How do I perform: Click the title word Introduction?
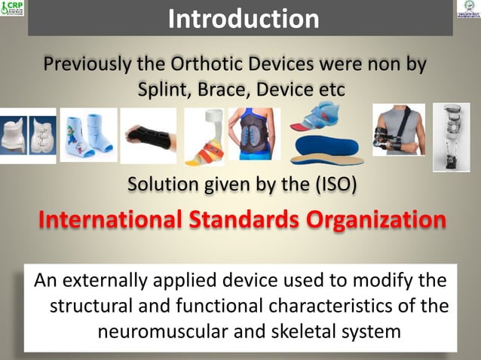point(244,18)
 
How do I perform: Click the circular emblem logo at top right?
point(467,11)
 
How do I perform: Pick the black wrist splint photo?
point(149,136)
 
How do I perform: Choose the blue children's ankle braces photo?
point(88,135)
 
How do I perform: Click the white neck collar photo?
point(28,136)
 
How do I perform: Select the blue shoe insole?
point(326,148)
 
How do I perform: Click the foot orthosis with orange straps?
point(204,136)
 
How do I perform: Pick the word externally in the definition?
point(112,281)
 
